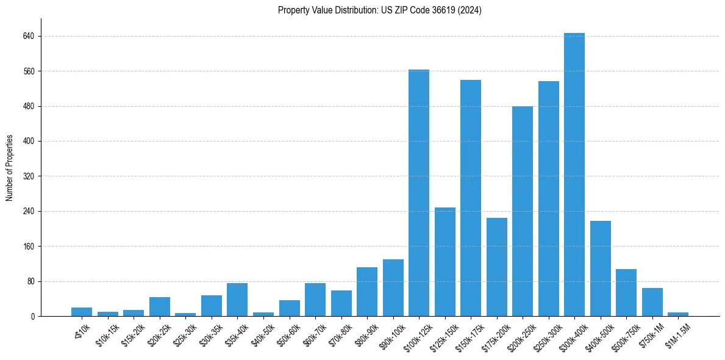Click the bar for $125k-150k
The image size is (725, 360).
tap(445, 262)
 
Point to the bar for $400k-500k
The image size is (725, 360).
tap(600, 268)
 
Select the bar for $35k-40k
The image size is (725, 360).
tap(237, 300)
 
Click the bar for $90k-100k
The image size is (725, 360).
tap(393, 288)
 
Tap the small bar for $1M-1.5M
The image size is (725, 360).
tap(677, 314)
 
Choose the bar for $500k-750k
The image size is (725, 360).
tap(626, 293)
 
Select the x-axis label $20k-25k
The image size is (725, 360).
tap(159, 335)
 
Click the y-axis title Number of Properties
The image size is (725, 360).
tap(9, 168)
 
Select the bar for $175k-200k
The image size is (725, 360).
tap(496, 267)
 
